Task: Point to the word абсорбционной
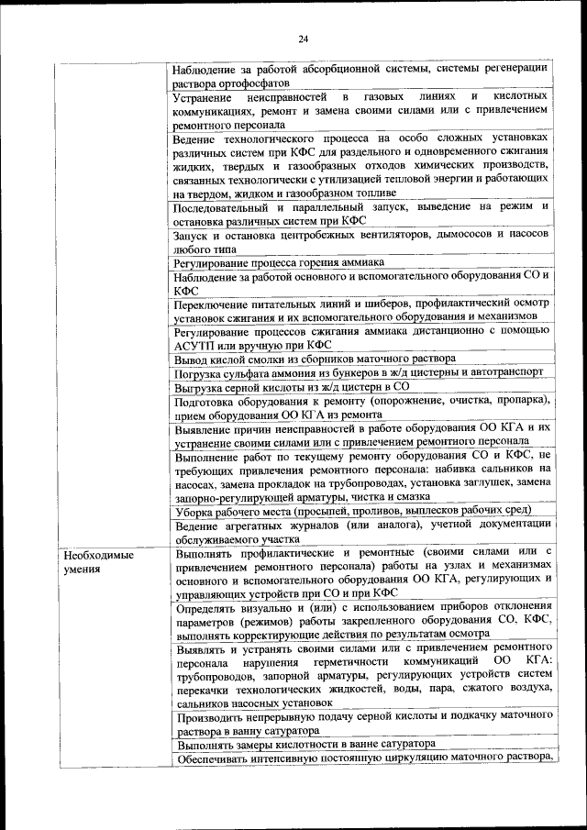[x=327, y=68]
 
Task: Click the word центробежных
[x=305, y=236]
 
